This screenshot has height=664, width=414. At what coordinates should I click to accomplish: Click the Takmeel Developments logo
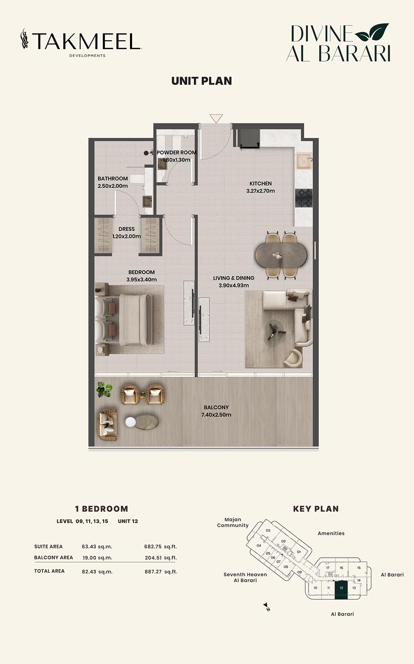point(81,43)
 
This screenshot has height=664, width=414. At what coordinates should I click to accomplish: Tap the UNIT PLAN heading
point(202,81)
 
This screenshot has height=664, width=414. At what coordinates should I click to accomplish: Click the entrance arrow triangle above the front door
point(216,118)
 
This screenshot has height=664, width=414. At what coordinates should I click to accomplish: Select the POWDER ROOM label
point(176,152)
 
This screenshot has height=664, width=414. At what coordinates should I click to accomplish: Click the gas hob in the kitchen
point(304,198)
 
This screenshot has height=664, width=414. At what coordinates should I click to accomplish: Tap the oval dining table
point(281,255)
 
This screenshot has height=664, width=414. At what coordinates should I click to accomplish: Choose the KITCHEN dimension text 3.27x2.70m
point(260,191)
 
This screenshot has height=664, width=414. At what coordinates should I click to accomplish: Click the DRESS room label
point(127,229)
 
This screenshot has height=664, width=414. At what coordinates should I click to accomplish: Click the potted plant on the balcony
point(104,390)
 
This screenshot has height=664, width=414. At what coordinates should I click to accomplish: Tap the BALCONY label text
point(216,407)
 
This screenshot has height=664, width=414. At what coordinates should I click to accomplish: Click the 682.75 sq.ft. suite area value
point(161,547)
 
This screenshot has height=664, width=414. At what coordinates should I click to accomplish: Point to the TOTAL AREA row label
point(49,571)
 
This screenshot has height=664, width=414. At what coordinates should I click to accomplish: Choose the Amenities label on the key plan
point(331,533)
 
